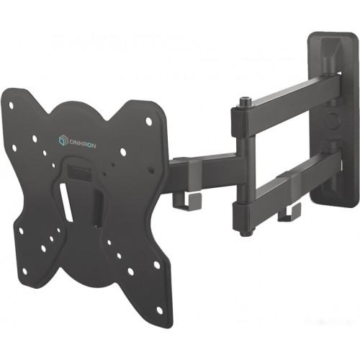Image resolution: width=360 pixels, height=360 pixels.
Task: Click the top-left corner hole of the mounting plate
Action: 11,105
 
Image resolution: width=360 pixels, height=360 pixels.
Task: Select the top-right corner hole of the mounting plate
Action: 149,121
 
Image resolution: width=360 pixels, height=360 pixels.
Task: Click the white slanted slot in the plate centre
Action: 67,204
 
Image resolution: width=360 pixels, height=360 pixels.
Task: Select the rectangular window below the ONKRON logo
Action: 76,171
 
